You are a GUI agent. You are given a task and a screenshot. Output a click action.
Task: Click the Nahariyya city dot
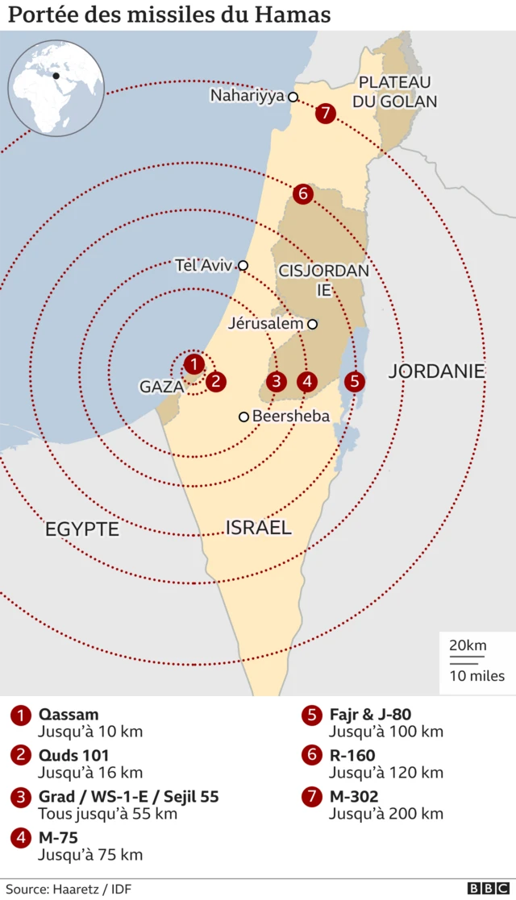coord(293,97)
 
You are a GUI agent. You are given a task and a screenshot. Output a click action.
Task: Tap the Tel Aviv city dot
coord(243,265)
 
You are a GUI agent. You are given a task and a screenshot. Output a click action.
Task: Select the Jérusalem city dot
coord(312,324)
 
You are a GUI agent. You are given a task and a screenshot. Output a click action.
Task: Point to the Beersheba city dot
coord(243,417)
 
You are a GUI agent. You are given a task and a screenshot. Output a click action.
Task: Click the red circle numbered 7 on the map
coord(325,113)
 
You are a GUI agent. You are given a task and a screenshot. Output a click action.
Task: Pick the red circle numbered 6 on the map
coord(303,193)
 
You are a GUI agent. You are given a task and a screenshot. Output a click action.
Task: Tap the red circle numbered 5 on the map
coord(354,381)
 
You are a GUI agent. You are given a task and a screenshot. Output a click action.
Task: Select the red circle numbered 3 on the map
coord(277,381)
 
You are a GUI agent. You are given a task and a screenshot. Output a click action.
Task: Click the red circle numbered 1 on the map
coord(193,365)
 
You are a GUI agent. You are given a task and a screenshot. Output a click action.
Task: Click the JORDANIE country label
coord(436,371)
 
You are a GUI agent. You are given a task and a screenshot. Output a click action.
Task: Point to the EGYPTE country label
coord(82,529)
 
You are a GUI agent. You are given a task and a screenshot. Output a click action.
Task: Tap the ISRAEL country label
coord(258,528)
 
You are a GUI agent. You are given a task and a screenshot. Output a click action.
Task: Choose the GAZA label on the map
coord(162,387)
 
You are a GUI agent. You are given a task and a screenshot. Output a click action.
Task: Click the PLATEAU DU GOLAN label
coord(395,92)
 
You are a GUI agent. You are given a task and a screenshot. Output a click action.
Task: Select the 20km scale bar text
coord(468,645)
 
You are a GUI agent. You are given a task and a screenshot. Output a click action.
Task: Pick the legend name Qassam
coord(69,715)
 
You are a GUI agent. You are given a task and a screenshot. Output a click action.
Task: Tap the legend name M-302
coord(353,797)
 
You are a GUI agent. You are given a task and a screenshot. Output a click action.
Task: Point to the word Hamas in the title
coord(290,15)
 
